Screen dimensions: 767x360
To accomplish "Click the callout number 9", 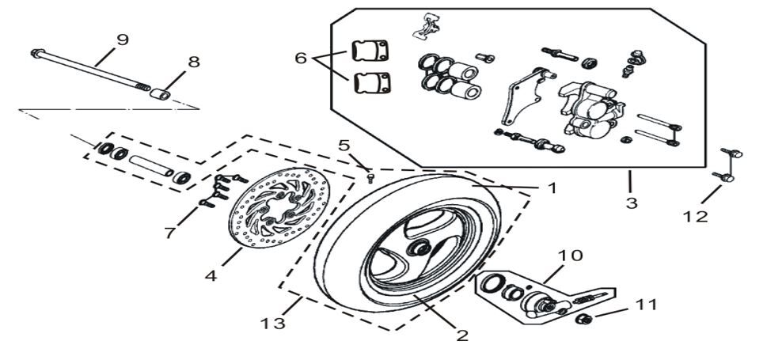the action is point(122,40).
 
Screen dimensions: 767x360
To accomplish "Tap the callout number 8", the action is point(194,63).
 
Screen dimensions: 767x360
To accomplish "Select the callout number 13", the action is point(272,324).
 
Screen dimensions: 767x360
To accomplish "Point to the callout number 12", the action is point(695,216).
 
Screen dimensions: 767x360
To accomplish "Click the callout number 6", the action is point(301,59).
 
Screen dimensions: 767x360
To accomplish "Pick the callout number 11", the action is point(646,305).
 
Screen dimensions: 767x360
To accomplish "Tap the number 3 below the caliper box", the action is point(632,203).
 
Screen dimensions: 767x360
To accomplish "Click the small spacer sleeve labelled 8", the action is point(160,94).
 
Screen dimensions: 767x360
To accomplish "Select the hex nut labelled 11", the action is point(583,320).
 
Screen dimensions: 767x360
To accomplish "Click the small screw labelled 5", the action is point(370,178).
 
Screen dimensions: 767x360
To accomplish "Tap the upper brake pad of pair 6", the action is point(370,51).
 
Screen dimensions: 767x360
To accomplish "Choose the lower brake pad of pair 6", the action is point(372,82).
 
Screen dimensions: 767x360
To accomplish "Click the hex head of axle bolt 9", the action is point(36,53).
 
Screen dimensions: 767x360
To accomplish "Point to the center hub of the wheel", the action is point(417,248).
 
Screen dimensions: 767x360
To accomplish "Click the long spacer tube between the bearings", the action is point(150,166).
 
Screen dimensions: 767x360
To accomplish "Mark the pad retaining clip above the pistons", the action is point(426,25).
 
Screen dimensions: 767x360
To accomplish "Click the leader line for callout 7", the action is point(188,216).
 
